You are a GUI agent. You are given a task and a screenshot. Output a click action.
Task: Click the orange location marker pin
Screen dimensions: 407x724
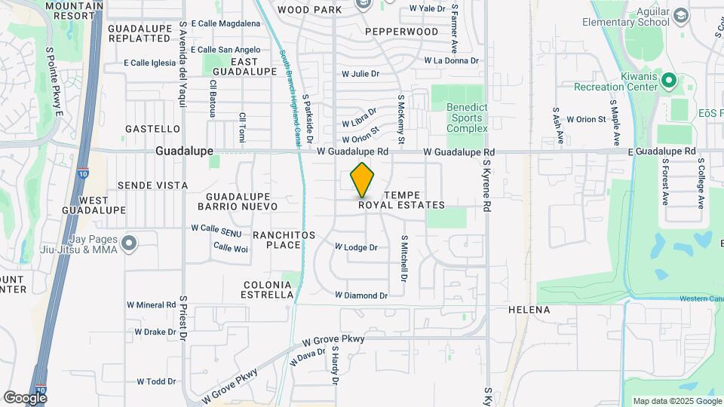pyautogui.click(x=363, y=179)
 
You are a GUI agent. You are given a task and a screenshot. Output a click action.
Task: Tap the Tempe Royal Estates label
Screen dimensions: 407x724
pyautogui.click(x=401, y=200)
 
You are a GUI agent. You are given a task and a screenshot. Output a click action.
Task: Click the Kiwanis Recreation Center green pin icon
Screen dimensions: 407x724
pyautogui.click(x=668, y=78)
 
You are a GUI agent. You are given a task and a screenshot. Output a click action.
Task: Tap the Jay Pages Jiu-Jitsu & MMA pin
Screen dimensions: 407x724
pyautogui.click(x=129, y=243)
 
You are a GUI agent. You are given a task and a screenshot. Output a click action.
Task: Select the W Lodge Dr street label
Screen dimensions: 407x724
pyautogui.click(x=356, y=247)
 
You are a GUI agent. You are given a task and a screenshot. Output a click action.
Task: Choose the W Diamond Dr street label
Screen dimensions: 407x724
pyautogui.click(x=361, y=295)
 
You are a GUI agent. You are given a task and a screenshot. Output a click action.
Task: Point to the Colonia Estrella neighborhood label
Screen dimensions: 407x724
pyautogui.click(x=268, y=289)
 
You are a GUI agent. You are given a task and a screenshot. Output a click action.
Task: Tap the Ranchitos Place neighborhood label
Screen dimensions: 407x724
pyautogui.click(x=278, y=240)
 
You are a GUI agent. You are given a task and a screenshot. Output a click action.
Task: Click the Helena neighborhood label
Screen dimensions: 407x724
pyautogui.click(x=529, y=310)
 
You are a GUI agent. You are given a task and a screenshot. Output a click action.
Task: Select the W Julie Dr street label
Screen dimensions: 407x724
pyautogui.click(x=360, y=74)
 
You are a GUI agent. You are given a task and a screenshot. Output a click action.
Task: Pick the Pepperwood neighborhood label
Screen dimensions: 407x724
pyautogui.click(x=401, y=32)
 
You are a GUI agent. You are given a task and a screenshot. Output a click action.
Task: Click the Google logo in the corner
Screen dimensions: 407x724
pyautogui.click(x=25, y=397)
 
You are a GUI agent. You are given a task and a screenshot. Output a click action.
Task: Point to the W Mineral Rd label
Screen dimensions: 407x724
pyautogui.click(x=151, y=305)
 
